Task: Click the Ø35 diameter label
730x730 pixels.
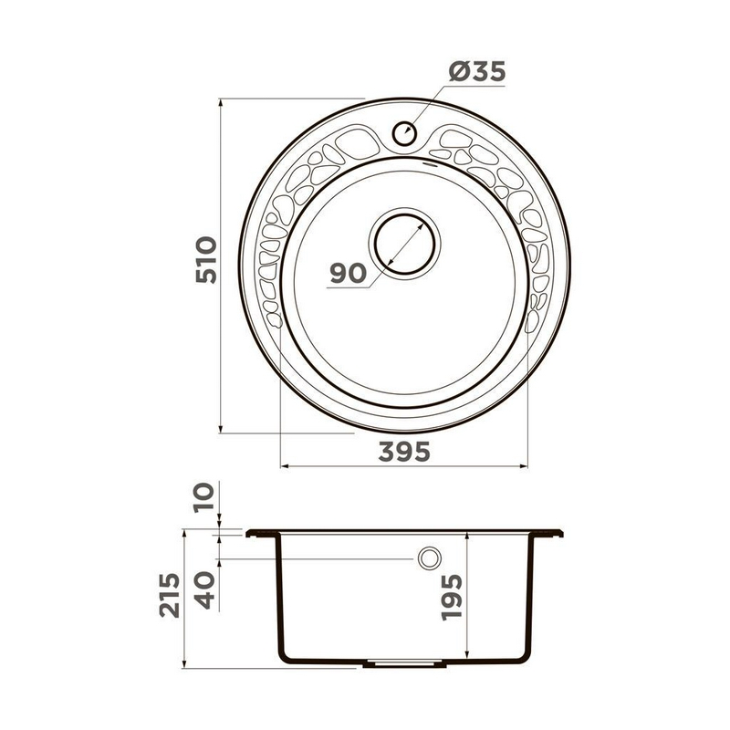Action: click(x=477, y=72)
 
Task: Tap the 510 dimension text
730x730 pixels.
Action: click(x=206, y=260)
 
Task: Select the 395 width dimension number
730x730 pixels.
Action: click(x=404, y=452)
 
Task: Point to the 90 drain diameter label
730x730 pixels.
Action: click(x=349, y=273)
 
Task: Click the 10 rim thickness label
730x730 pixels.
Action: click(x=204, y=497)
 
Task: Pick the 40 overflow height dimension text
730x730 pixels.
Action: click(x=204, y=589)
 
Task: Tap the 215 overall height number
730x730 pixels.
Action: click(x=170, y=595)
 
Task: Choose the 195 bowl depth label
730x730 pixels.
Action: click(x=452, y=598)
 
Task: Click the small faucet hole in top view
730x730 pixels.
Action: click(x=404, y=133)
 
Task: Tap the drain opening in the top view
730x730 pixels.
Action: click(x=404, y=244)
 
